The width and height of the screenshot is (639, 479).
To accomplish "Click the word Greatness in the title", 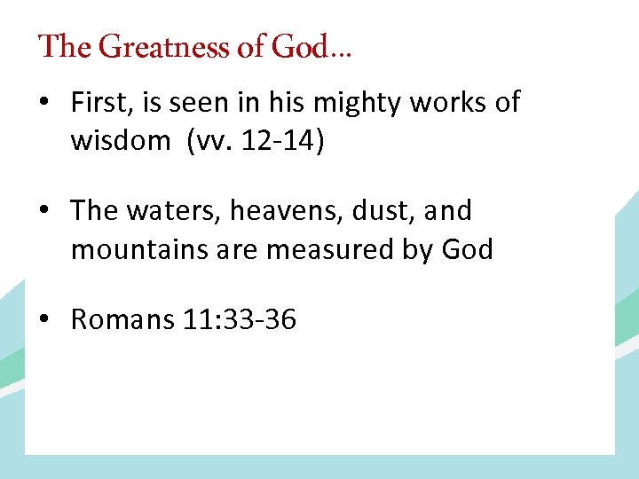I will click(x=165, y=46).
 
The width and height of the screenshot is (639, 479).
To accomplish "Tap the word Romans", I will click(x=122, y=319).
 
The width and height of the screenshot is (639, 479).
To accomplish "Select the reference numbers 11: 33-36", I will click(x=240, y=319).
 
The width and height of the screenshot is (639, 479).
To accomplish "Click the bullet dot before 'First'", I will click(x=43, y=104).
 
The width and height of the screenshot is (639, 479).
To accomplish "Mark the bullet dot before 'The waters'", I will click(x=43, y=212).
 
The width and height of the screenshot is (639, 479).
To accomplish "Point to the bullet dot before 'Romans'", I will click(x=43, y=320).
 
